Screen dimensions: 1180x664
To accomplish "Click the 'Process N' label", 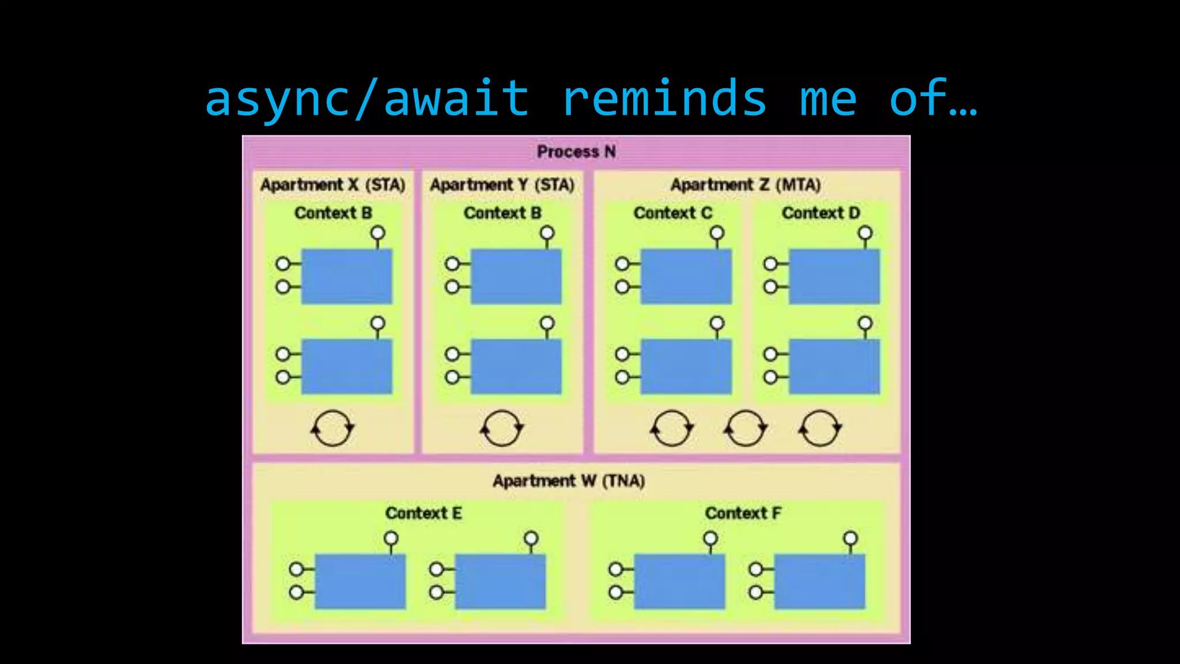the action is pyautogui.click(x=576, y=152).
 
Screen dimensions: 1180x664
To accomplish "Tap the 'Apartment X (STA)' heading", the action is pyautogui.click(x=333, y=185).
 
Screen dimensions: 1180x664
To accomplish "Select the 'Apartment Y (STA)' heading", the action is pyautogui.click(x=502, y=185).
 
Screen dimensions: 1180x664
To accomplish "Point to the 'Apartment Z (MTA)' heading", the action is pyautogui.click(x=746, y=185).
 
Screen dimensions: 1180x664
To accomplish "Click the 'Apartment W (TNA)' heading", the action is pyautogui.click(x=569, y=481).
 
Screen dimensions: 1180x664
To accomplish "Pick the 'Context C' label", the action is pyautogui.click(x=673, y=213).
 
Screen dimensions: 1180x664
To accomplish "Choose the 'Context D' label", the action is pyautogui.click(x=821, y=213).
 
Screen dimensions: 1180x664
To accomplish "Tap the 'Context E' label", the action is pyautogui.click(x=423, y=513).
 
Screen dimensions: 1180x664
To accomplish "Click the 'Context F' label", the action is pyautogui.click(x=743, y=513).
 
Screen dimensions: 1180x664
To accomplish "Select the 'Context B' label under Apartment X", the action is pyautogui.click(x=333, y=213).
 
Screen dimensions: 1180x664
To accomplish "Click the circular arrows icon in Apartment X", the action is pyautogui.click(x=332, y=428).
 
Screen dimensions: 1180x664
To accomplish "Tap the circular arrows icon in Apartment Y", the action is pyautogui.click(x=502, y=428).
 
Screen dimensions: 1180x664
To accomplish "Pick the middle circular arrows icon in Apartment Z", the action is pyautogui.click(x=746, y=428).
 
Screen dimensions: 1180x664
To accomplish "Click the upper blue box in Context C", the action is pyautogui.click(x=686, y=277).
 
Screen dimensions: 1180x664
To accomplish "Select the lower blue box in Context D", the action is pyautogui.click(x=834, y=367).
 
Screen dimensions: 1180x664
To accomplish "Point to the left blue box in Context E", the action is pyautogui.click(x=360, y=582).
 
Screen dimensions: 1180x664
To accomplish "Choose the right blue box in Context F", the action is pyautogui.click(x=819, y=582).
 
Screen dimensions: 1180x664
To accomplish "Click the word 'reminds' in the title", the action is pyautogui.click(x=664, y=98).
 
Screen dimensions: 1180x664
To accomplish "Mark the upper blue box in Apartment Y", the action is pyautogui.click(x=516, y=277).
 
